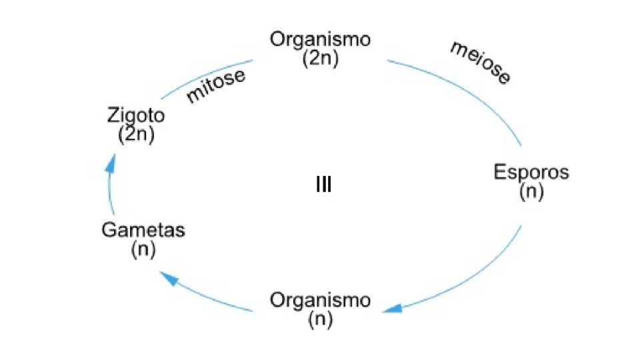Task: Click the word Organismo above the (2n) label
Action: [x=320, y=39]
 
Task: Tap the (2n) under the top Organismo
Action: [x=320, y=58]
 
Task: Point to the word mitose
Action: [x=216, y=86]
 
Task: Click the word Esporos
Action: [x=531, y=173]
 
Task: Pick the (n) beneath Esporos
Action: [x=531, y=192]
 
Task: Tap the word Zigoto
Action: [x=136, y=115]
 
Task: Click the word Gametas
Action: [x=143, y=231]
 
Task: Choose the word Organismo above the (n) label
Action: [x=320, y=300]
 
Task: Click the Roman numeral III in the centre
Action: [x=323, y=185]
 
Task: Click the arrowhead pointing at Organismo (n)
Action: [x=392, y=308]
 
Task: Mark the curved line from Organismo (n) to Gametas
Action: [x=213, y=297]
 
